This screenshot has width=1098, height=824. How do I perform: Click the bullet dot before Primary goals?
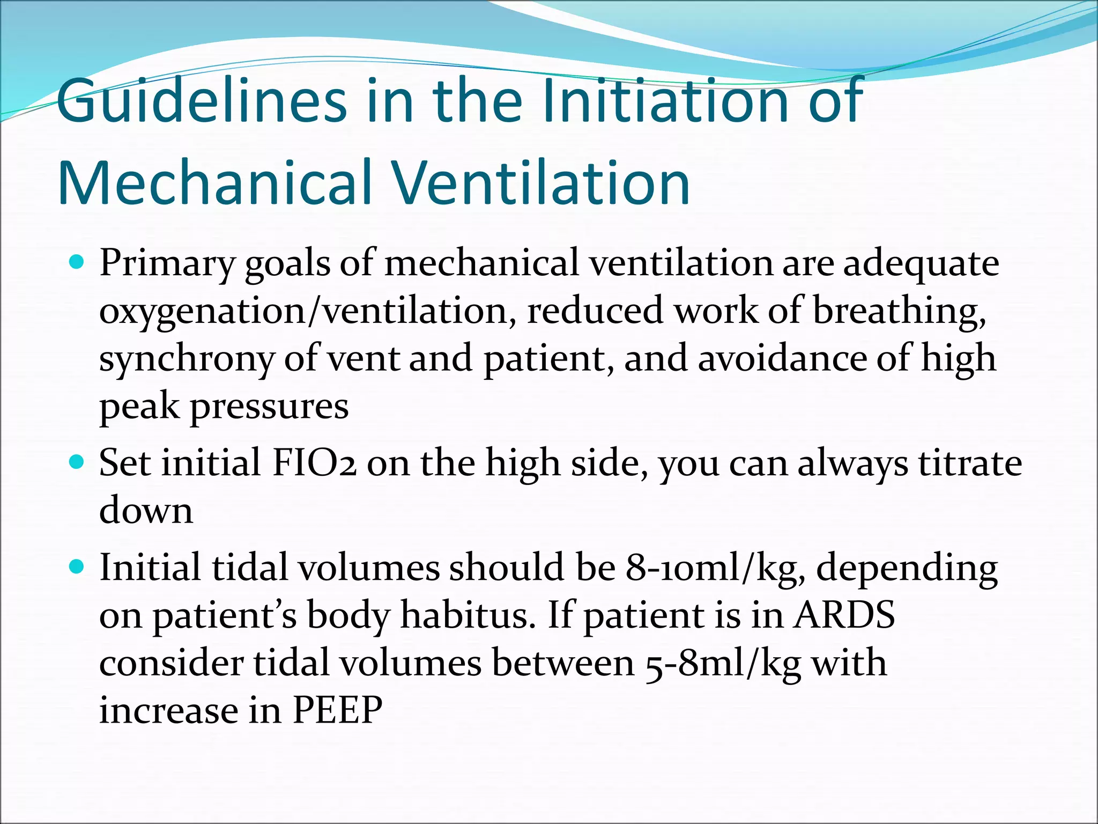coord(78,262)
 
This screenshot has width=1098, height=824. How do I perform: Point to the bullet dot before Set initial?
coord(78,462)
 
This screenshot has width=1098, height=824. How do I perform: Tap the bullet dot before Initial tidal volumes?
coord(78,566)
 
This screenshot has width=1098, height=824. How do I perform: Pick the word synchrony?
coord(187,359)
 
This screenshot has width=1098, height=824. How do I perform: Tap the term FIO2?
coord(314,463)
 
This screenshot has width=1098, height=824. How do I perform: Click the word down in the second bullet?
coord(146,510)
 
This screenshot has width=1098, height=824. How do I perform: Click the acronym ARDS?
coord(844,615)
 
